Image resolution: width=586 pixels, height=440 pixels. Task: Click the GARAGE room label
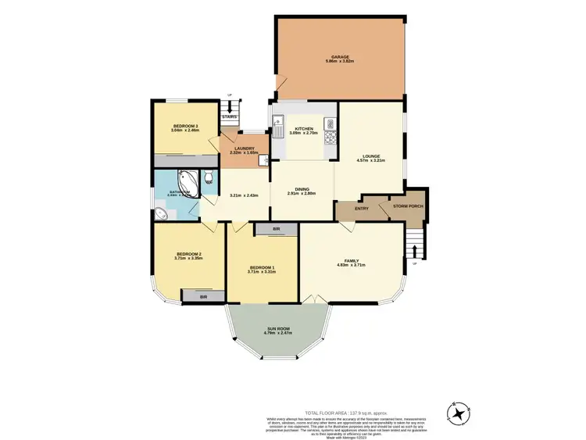click(x=338, y=56)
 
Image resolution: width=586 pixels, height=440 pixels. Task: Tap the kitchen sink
click(x=277, y=120)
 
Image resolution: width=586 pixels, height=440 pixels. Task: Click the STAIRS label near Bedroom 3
click(x=229, y=117)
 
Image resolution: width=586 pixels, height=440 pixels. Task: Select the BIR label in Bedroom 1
click(x=277, y=229)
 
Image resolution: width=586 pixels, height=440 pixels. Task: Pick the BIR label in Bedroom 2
click(x=203, y=297)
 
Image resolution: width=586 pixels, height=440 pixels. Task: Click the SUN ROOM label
click(x=277, y=329)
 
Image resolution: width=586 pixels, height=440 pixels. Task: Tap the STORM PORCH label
click(x=408, y=206)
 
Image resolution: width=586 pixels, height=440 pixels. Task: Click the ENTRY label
click(x=362, y=209)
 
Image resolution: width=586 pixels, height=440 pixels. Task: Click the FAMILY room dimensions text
click(x=351, y=266)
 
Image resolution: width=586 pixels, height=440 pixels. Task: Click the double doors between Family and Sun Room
click(x=312, y=299)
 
